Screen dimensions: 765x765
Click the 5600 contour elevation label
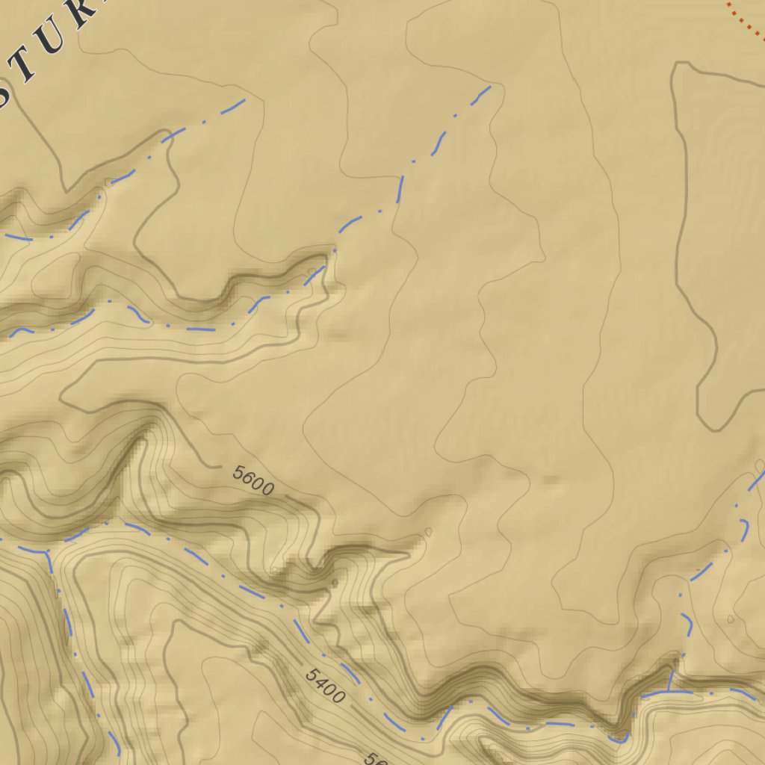pos(253,480)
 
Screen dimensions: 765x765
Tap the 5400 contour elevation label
pos(326,686)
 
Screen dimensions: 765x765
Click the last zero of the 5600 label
pos(268,489)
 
